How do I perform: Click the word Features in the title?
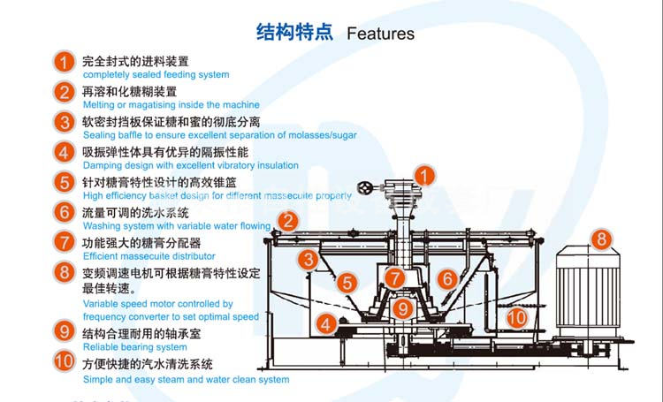(380, 34)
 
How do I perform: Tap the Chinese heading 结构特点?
(294, 33)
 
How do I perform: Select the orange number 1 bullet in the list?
(64, 63)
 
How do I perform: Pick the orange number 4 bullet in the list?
(64, 153)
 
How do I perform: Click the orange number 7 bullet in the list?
(64, 240)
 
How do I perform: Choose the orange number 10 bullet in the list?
(64, 361)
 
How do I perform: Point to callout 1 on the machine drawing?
(425, 176)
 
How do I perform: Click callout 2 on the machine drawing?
(287, 221)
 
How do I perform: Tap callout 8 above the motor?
(601, 238)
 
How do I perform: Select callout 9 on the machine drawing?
(403, 308)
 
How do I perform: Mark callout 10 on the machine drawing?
(517, 315)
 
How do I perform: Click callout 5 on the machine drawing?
(348, 284)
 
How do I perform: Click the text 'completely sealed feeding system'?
(156, 75)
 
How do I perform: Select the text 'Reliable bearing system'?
(134, 347)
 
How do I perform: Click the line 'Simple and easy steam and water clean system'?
(186, 380)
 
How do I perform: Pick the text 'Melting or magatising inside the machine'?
(171, 105)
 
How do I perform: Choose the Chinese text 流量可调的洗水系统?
(135, 213)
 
